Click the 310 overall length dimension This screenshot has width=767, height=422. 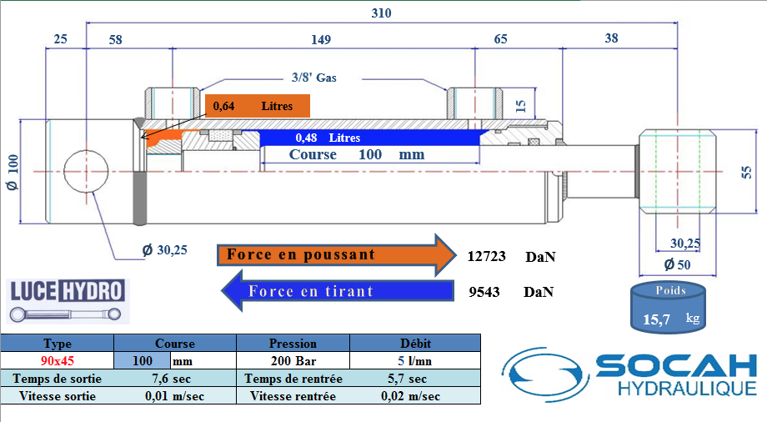click(x=382, y=13)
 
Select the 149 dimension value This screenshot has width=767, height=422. click(x=321, y=39)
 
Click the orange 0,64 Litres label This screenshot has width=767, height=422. click(x=257, y=106)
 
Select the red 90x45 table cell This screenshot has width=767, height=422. click(x=58, y=361)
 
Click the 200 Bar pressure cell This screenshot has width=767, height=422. click(x=293, y=361)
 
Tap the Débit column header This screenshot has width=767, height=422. click(x=414, y=343)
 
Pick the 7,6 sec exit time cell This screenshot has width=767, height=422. click(x=173, y=379)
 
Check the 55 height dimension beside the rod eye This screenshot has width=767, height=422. click(x=747, y=172)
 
